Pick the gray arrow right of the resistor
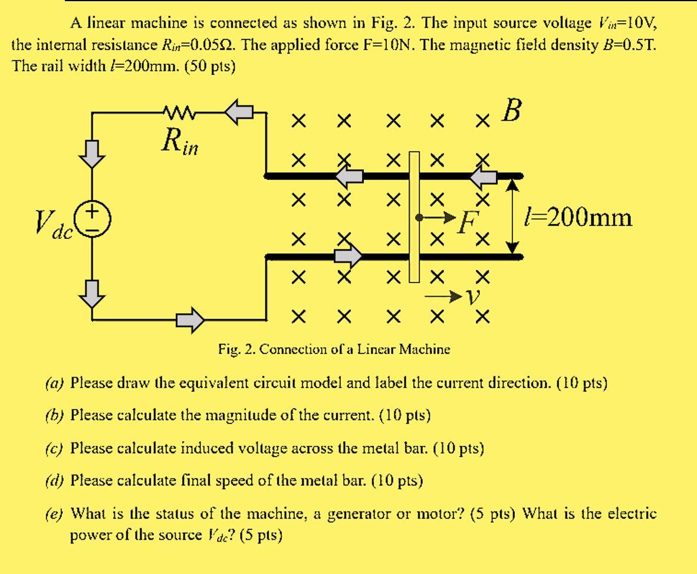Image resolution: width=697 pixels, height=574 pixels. (x=239, y=110)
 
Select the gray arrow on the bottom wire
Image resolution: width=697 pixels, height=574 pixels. (x=191, y=319)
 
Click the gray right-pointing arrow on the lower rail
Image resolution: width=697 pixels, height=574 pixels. (x=348, y=256)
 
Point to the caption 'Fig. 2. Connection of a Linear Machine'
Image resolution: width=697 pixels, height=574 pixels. (x=333, y=349)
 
